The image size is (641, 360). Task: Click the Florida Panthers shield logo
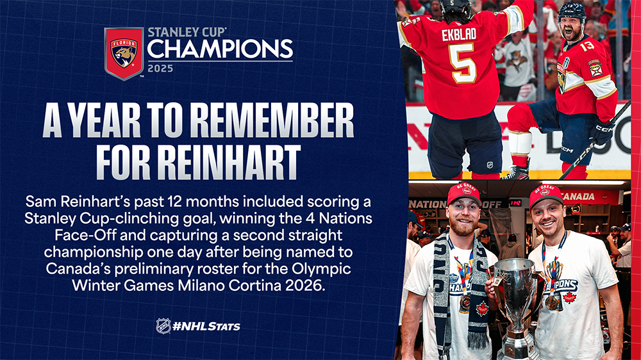(124, 54)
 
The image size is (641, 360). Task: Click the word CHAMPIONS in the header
(220, 49)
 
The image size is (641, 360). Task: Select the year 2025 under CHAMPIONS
(160, 69)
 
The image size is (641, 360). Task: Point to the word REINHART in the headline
(229, 162)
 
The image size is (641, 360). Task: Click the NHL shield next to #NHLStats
(163, 326)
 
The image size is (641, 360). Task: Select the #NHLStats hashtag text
(206, 326)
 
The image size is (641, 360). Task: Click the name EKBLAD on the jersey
(459, 35)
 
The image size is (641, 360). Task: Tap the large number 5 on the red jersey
(462, 63)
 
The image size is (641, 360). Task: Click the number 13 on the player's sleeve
(587, 45)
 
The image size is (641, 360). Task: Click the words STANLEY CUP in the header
(187, 32)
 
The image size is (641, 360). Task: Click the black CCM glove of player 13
(601, 131)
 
